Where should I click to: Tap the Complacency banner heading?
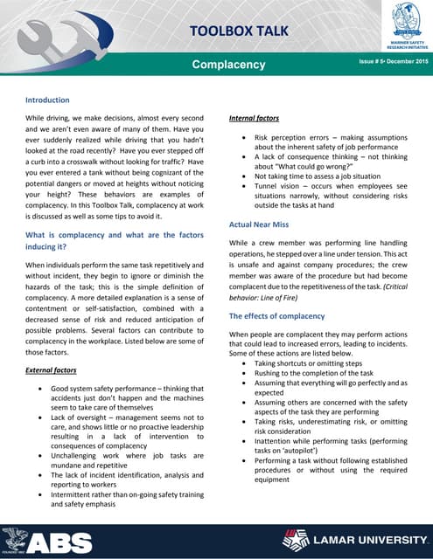227,65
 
